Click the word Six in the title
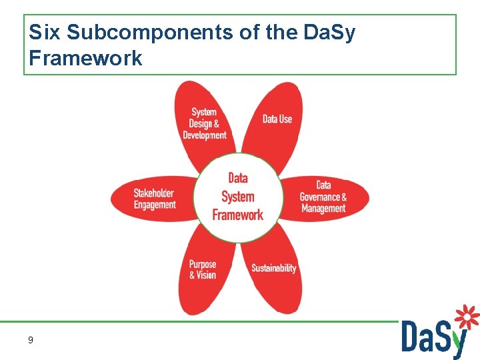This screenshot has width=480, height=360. (45, 33)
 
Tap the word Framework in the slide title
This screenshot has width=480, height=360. (85, 58)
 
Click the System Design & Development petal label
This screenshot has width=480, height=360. (204, 123)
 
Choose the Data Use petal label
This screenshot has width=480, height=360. (277, 119)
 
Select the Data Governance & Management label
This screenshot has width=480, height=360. (323, 197)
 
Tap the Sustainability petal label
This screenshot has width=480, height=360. (273, 268)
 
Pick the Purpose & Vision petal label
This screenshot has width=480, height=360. (203, 269)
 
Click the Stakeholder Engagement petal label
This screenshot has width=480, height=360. (155, 199)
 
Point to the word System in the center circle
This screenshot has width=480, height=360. (238, 197)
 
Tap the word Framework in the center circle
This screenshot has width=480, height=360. (238, 215)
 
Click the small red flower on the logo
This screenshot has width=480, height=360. (467, 317)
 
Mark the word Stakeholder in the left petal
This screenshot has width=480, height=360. (154, 193)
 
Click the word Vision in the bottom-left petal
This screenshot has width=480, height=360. (207, 275)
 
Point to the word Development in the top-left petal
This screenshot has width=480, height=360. (205, 135)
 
